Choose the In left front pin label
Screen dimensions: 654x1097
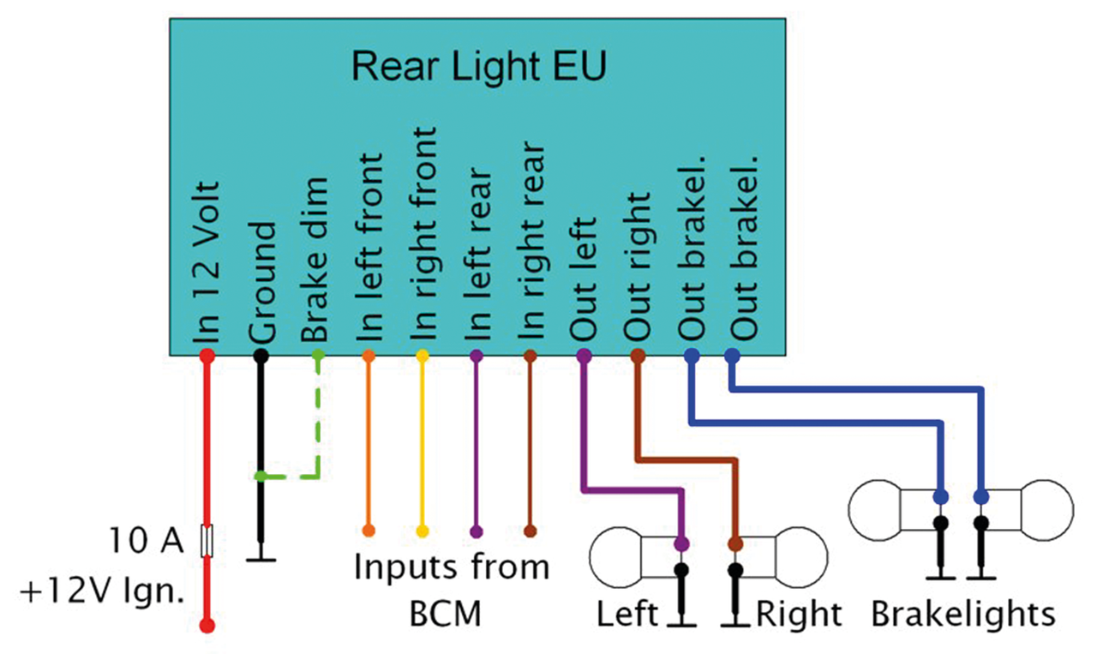coord(369,249)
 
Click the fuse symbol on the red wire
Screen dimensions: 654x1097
coord(207,542)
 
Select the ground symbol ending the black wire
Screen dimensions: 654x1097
coord(261,559)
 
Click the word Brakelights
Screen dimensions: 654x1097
coord(962,614)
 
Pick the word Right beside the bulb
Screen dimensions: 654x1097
coord(799,614)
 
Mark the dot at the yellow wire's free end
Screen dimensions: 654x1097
coord(422,531)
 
